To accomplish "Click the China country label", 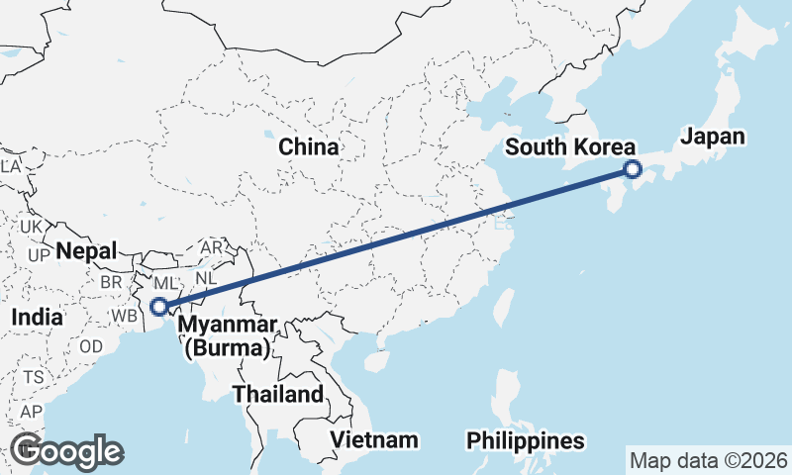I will click(x=308, y=147).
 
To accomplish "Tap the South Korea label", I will click(x=569, y=147).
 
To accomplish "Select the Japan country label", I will click(x=713, y=137).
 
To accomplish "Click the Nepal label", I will click(x=86, y=250).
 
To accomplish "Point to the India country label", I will click(x=38, y=318).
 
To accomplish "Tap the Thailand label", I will click(x=278, y=394).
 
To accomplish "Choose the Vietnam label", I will click(x=374, y=439).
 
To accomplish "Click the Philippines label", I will click(x=526, y=439).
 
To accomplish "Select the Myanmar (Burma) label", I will click(x=226, y=336).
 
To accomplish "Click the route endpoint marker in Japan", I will click(x=634, y=170).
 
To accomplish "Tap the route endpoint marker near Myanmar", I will click(x=158, y=307).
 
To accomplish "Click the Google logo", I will click(x=66, y=451).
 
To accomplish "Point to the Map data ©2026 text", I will click(x=708, y=460).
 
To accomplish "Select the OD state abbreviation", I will click(x=91, y=346).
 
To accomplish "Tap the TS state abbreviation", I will click(x=35, y=377).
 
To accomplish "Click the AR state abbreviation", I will click(x=212, y=246).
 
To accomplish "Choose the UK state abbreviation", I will click(x=31, y=227).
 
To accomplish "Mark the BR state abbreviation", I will click(x=110, y=281).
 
